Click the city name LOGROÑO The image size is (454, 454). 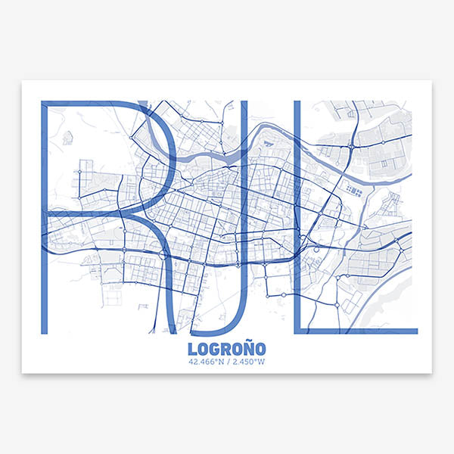[x=226, y=349]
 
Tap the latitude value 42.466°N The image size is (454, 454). [x=207, y=362]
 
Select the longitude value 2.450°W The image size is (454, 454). [x=247, y=362]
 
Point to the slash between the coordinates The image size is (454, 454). [x=228, y=362]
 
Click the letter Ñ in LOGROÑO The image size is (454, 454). [x=247, y=349]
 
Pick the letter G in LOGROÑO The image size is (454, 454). [x=216, y=349]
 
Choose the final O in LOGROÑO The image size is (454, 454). [x=260, y=349]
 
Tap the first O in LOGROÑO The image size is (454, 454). [x=204, y=349]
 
